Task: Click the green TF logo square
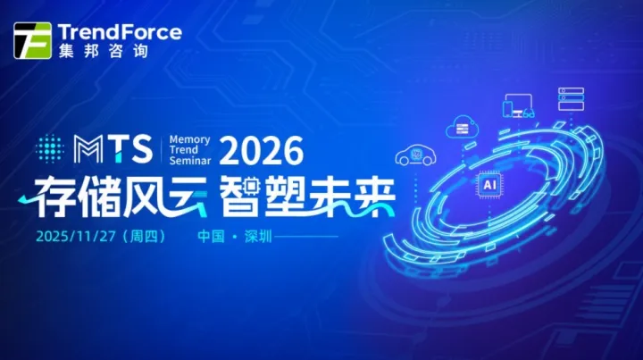click(32, 39)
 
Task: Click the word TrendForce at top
click(119, 32)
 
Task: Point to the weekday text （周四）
click(141, 238)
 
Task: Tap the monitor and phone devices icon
click(518, 106)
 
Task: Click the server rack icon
click(571, 98)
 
